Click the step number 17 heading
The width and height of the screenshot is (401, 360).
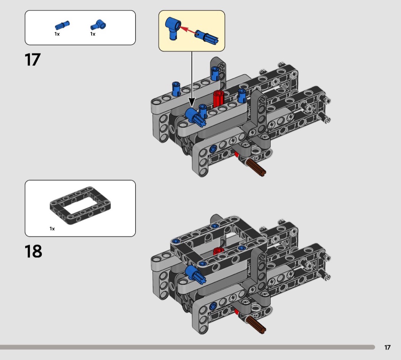(32, 60)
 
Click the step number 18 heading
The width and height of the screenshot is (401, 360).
(33, 251)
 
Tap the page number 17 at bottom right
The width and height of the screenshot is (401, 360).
(387, 347)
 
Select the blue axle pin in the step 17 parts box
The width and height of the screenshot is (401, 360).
(62, 25)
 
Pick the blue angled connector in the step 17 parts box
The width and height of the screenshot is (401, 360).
(99, 25)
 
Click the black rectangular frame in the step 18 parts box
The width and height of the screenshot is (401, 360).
(80, 206)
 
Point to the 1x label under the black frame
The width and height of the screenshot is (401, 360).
(52, 229)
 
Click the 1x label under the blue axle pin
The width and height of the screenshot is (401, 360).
(57, 34)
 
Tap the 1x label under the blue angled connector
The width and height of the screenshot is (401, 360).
(93, 34)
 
